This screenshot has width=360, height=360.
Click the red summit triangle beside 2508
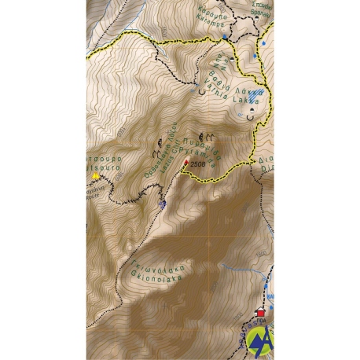coord(186,162)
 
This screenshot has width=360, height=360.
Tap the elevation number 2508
coord(197,164)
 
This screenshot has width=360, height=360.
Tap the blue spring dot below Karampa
coord(224,36)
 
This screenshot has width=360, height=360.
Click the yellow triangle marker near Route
coord(97,176)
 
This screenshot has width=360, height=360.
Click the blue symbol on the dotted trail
coord(163,204)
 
